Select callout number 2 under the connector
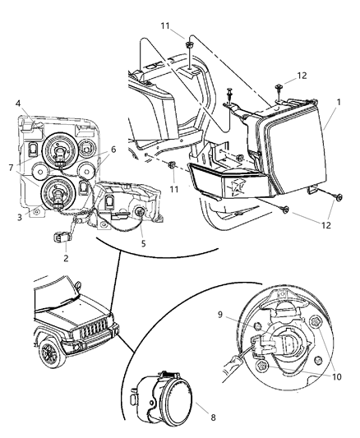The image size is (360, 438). tap(67, 257)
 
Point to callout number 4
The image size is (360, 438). tap(17, 104)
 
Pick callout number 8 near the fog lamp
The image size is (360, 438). tap(214, 417)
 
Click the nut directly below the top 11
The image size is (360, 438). tap(189, 46)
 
